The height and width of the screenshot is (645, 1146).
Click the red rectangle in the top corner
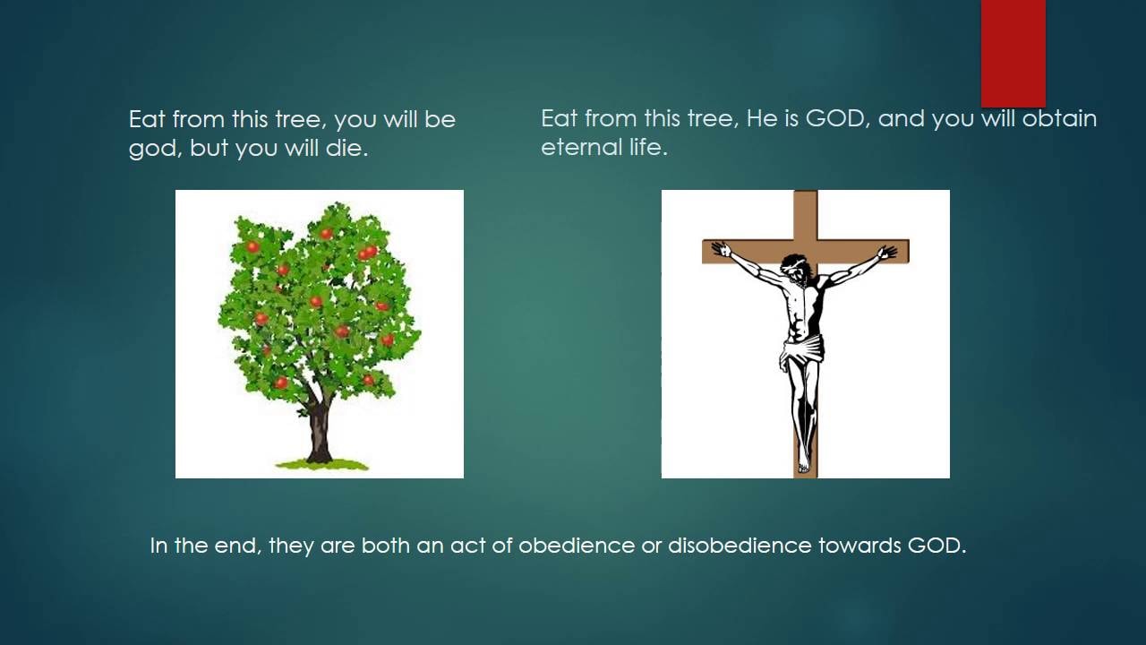tap(1013, 53)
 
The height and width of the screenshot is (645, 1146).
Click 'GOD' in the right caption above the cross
tap(835, 119)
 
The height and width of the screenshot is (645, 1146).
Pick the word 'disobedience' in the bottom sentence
tap(740, 546)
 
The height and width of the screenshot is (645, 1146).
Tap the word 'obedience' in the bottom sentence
tap(577, 546)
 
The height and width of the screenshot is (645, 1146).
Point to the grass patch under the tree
tap(322, 464)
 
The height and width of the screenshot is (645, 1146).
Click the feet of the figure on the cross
tap(804, 464)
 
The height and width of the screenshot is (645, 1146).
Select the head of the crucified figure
tap(794, 268)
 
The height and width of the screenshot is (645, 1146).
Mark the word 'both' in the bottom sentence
tap(385, 546)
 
